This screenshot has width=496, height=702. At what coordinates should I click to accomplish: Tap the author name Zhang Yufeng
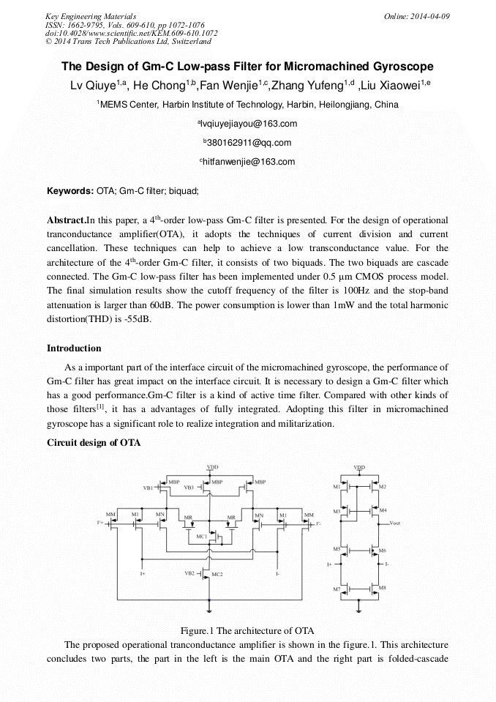pos(307,86)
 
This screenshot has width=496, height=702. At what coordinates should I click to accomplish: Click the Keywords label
pos(70,191)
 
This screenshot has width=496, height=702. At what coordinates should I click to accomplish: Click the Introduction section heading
pos(74,348)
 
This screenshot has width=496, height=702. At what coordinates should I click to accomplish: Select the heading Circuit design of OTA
pos(94,443)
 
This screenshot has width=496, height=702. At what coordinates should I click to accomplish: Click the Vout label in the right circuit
pos(394,523)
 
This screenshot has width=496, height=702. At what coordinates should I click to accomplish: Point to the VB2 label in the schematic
pos(189,573)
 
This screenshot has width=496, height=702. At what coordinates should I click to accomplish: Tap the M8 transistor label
pos(383,589)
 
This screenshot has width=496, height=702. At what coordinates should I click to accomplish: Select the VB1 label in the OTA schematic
pos(148,488)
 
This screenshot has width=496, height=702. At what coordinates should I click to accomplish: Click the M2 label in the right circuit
pos(383,487)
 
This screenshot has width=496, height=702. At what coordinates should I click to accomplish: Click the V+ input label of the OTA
pos(99,523)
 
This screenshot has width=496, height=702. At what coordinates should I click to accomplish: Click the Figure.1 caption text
pos(247,630)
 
